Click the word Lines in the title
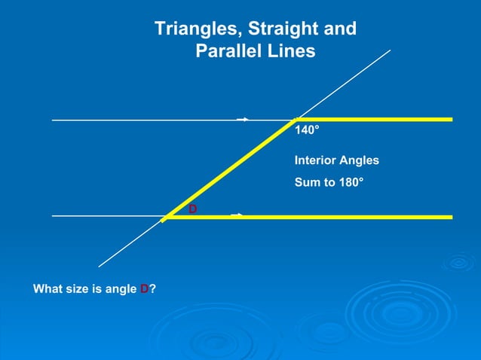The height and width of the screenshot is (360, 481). click(291, 52)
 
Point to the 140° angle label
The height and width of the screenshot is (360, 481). click(307, 130)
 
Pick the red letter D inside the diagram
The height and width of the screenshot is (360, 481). click(193, 209)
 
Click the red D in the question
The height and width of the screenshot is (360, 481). click(145, 288)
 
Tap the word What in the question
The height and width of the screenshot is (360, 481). click(47, 288)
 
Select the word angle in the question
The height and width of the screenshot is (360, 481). click(121, 288)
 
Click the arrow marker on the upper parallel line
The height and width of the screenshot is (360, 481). click(244, 119)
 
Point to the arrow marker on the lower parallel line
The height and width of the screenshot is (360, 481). click(237, 215)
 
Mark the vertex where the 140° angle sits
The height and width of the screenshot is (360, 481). click(297, 119)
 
